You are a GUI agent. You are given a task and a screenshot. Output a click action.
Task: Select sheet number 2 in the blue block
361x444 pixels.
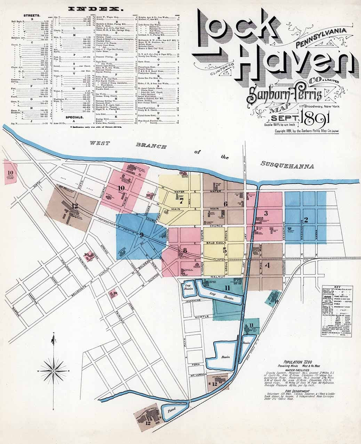coord(306,220)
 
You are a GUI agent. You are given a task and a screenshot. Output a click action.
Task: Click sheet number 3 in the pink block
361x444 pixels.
coord(265,213)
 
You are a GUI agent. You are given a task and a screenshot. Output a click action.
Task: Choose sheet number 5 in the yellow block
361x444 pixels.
coord(225,250)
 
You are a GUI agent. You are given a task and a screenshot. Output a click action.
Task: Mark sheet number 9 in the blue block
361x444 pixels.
coord(142,235)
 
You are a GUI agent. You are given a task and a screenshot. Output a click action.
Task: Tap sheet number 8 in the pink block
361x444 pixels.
coord(185,250)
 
